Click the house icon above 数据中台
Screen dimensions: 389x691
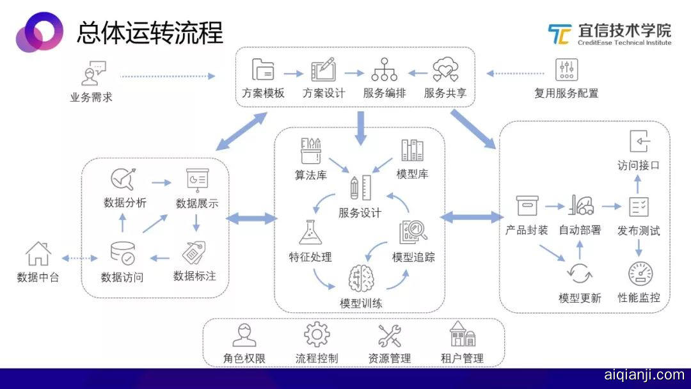point(38,254)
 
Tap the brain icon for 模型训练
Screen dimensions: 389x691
point(360,279)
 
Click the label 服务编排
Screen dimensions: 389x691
point(384,93)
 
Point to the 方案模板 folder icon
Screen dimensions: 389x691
point(262,69)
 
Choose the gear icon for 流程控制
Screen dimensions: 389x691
point(317,335)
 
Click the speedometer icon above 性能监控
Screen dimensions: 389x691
point(640,274)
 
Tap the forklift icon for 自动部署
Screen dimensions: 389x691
point(580,205)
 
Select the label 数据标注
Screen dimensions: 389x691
point(195,276)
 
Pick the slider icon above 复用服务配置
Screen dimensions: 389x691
point(566,69)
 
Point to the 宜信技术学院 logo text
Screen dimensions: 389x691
point(623,31)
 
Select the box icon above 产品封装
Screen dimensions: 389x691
point(527,205)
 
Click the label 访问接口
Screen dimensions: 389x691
point(639,165)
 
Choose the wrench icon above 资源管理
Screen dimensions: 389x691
point(389,335)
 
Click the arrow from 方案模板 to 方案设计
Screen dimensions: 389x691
point(293,72)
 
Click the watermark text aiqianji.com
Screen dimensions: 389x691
point(644,375)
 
